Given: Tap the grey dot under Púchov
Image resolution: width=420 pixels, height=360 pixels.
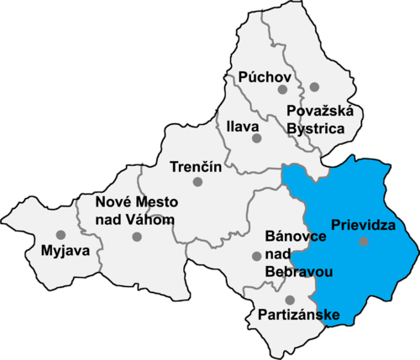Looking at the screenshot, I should pos(283,88).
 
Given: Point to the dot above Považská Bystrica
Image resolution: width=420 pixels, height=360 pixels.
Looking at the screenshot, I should pos(314,86).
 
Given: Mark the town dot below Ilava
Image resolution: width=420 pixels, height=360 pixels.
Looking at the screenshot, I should pos(257,138).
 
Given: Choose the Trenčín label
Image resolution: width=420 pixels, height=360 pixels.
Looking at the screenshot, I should pos(195,165).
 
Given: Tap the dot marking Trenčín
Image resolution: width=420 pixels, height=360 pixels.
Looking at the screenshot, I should pos(198,181).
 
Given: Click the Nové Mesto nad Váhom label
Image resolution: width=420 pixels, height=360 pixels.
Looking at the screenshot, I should pos(135,210).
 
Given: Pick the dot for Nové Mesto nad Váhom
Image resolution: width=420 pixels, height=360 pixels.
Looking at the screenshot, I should pos(137,237).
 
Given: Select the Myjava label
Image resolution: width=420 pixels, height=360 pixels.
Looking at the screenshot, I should pos(55,250).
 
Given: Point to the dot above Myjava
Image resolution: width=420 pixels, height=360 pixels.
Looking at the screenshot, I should pos(60,235).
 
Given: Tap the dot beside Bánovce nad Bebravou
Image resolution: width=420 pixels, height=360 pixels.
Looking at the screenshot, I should pos(256,256).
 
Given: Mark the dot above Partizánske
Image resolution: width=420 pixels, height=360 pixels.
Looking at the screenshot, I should pos(290,300).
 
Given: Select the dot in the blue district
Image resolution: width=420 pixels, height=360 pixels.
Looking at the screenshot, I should pos(363,242).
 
